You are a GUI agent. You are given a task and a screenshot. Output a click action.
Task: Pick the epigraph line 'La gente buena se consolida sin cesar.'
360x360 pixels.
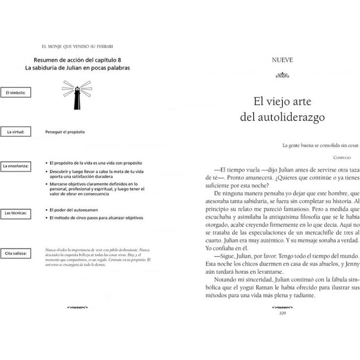click(314, 146)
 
